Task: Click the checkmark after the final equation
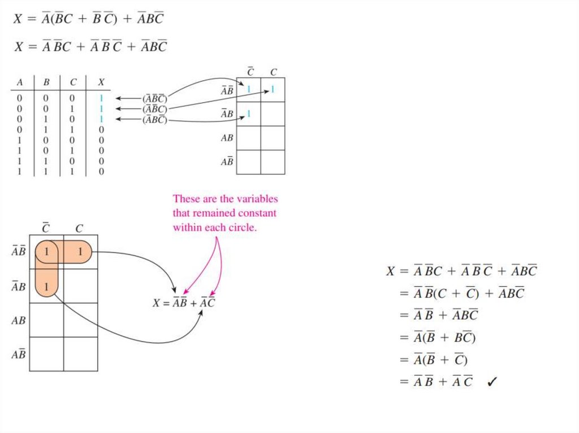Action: click(x=492, y=382)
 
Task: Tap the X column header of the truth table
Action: click(x=101, y=82)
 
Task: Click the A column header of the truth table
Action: click(x=20, y=82)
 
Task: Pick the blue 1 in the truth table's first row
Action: click(x=101, y=98)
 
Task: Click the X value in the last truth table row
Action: click(x=101, y=171)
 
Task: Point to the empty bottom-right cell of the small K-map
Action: click(x=273, y=162)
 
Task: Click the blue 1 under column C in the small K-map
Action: click(x=272, y=89)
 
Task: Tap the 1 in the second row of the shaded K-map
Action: click(x=46, y=286)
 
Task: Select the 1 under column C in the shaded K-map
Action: click(x=80, y=252)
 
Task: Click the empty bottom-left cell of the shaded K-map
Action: click(x=46, y=354)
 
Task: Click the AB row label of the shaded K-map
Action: click(x=19, y=321)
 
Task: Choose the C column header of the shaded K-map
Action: click(x=79, y=229)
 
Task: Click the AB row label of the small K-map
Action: click(x=227, y=138)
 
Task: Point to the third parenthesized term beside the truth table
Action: click(x=155, y=120)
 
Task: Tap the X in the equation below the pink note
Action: click(x=157, y=303)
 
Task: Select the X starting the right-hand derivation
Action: click(x=390, y=272)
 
